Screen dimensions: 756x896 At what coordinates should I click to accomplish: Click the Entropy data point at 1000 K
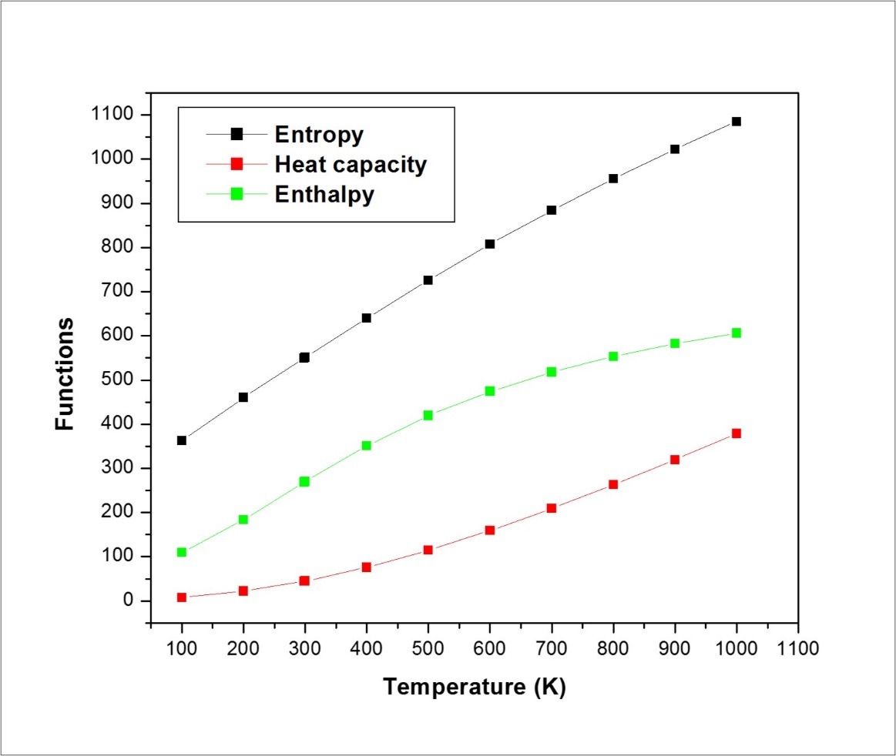pyautogui.click(x=736, y=122)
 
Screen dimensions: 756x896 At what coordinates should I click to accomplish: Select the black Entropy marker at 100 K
pyautogui.click(x=182, y=440)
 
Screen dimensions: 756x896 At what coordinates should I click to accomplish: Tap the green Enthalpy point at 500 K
pyautogui.click(x=428, y=415)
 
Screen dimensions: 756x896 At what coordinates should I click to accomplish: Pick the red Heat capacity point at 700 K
pyautogui.click(x=551, y=508)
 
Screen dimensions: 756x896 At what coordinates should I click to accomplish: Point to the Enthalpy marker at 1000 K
pyautogui.click(x=736, y=333)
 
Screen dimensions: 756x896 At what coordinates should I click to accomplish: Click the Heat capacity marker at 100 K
pyautogui.click(x=182, y=597)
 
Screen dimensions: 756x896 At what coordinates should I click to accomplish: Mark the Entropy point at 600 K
pyautogui.click(x=489, y=244)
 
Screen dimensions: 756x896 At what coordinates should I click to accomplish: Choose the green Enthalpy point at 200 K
pyautogui.click(x=243, y=520)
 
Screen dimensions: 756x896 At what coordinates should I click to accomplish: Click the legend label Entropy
pyautogui.click(x=319, y=135)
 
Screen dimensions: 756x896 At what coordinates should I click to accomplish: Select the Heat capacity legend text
pyautogui.click(x=351, y=164)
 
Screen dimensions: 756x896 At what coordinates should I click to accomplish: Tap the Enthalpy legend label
pyautogui.click(x=324, y=194)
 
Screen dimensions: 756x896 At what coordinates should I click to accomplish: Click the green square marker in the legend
pyautogui.click(x=237, y=194)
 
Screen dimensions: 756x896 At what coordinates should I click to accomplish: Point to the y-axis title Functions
pyautogui.click(x=65, y=373)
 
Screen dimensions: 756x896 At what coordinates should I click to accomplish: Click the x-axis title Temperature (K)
pyautogui.click(x=475, y=687)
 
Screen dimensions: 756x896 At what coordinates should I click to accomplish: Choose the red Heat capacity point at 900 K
pyautogui.click(x=674, y=460)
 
